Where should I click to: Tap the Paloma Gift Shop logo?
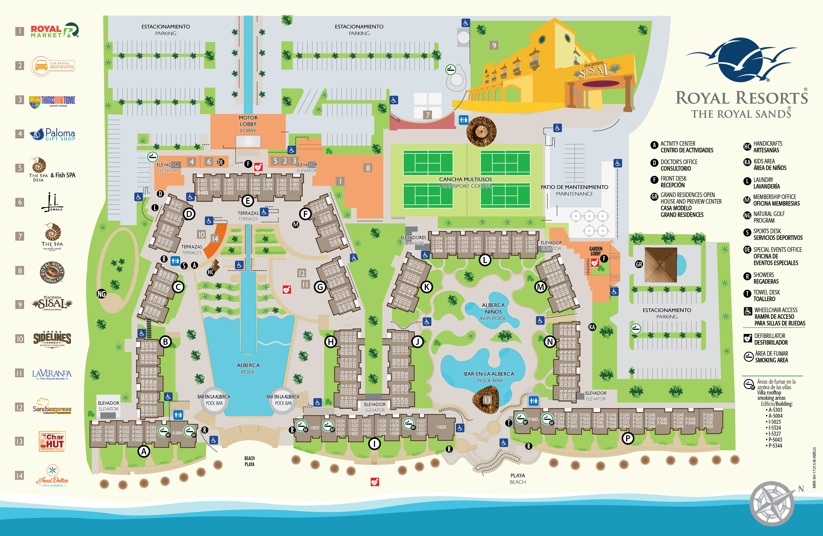click(x=53, y=134)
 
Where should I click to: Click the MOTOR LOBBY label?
click(x=248, y=121)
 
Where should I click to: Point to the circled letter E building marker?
click(x=248, y=200)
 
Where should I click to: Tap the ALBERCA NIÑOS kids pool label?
click(x=493, y=311)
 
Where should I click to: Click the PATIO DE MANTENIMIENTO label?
click(x=574, y=187)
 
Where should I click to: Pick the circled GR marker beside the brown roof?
click(x=639, y=264)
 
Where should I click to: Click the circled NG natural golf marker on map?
click(x=101, y=294)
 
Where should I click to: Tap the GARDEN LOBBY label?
click(x=596, y=251)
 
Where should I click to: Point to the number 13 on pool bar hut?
click(x=487, y=400)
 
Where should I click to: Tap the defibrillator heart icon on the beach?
click(x=375, y=482)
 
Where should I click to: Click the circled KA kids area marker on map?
click(x=592, y=327)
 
